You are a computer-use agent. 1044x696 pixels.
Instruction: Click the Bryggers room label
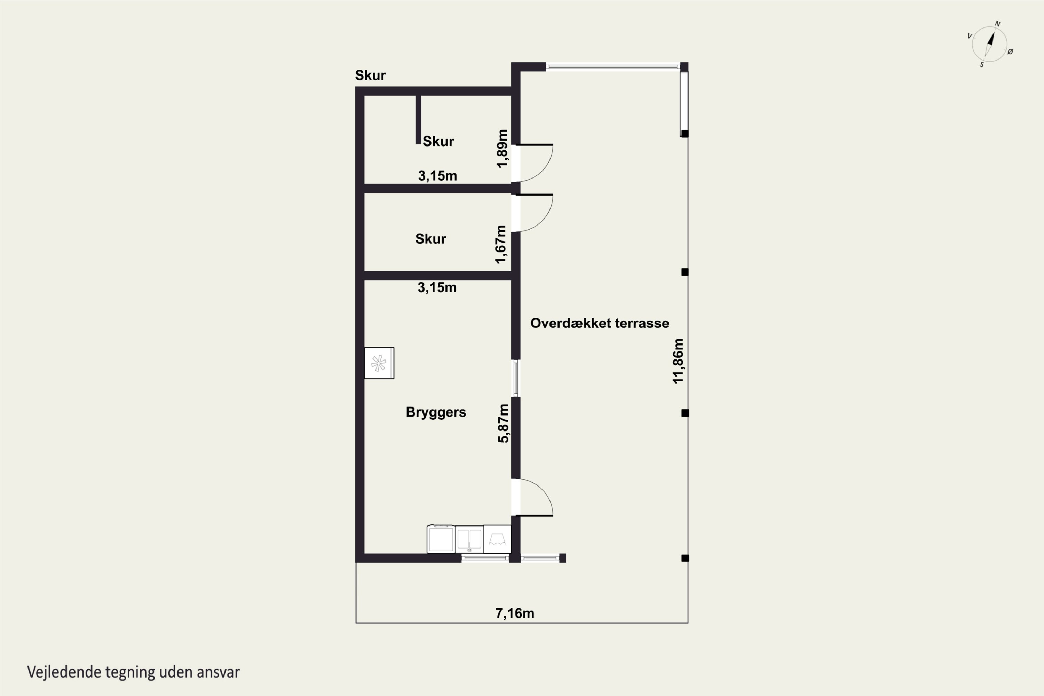pyautogui.click(x=436, y=412)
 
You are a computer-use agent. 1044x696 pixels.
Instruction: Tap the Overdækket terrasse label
pyautogui.click(x=600, y=323)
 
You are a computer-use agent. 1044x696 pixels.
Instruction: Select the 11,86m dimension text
pyautogui.click(x=678, y=361)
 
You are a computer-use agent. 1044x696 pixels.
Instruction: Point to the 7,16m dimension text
pyautogui.click(x=515, y=614)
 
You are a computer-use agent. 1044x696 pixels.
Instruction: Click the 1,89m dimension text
pyautogui.click(x=502, y=149)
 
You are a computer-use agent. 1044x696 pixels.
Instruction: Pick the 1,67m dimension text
pyautogui.click(x=501, y=245)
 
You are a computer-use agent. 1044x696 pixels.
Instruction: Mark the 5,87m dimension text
pyautogui.click(x=503, y=424)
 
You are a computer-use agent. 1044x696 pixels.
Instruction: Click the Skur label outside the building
pyautogui.click(x=370, y=76)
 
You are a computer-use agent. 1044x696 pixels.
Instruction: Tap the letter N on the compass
pyautogui.click(x=997, y=24)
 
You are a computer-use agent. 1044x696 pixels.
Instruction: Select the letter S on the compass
pyautogui.click(x=981, y=65)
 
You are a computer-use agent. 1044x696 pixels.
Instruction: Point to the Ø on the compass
pyautogui.click(x=1010, y=52)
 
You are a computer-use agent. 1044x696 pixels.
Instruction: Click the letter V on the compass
pyautogui.click(x=970, y=36)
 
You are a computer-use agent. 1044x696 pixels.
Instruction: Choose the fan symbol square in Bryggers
pyautogui.click(x=379, y=363)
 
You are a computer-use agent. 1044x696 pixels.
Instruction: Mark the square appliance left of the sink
pyautogui.click(x=441, y=539)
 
